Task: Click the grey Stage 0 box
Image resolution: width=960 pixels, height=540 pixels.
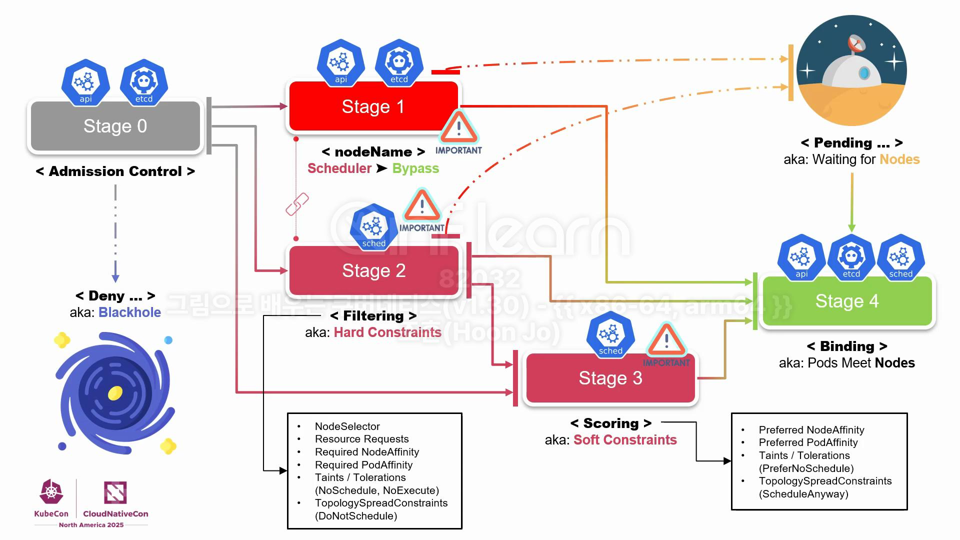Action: [115, 126]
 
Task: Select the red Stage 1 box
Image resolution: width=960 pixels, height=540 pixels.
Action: [373, 106]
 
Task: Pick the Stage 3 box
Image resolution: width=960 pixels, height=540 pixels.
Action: [610, 378]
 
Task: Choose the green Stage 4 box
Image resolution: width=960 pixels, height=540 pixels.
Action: [846, 301]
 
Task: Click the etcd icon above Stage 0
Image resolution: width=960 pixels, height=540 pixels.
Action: [144, 82]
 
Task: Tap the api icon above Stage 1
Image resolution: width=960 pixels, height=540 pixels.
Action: [340, 63]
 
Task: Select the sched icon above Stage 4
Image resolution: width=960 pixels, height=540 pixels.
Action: [900, 257]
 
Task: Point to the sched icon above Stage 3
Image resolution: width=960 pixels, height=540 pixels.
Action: [610, 334]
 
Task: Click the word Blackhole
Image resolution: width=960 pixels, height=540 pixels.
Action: [129, 312]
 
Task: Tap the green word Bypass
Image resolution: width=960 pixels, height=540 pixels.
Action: [415, 168]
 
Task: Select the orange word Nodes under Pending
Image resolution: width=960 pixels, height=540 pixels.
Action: [899, 159]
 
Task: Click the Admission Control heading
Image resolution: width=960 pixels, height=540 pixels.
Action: [115, 171]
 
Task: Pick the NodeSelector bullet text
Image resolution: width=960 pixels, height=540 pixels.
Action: [347, 426]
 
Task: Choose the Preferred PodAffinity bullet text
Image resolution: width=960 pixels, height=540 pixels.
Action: [808, 442]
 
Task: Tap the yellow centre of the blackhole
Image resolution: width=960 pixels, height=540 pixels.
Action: [115, 393]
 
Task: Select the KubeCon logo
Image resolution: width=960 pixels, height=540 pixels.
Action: [51, 498]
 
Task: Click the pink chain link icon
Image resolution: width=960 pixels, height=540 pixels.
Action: [297, 204]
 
